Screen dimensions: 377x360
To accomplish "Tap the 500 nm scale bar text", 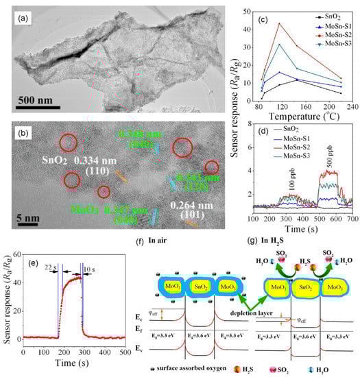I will [x=35, y=93].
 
